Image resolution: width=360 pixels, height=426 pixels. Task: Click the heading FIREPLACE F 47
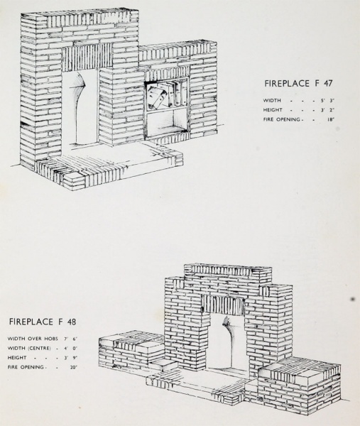(298, 83)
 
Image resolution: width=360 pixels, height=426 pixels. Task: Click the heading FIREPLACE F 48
(43, 322)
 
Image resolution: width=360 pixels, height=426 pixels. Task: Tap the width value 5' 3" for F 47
(327, 100)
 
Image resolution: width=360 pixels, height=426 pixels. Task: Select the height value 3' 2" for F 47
(327, 110)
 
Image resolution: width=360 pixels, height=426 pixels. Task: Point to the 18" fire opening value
(330, 119)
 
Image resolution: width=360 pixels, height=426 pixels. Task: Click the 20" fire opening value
(74, 367)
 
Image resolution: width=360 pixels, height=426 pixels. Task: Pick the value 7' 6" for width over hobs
(70, 339)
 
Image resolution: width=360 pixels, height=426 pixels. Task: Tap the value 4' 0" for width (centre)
(70, 349)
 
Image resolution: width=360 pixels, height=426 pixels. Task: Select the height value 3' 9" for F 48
(70, 358)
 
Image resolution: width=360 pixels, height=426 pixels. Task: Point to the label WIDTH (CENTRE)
(29, 349)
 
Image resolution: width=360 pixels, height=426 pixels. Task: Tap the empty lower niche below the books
(167, 124)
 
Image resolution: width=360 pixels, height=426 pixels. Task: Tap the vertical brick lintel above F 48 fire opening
(224, 305)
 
